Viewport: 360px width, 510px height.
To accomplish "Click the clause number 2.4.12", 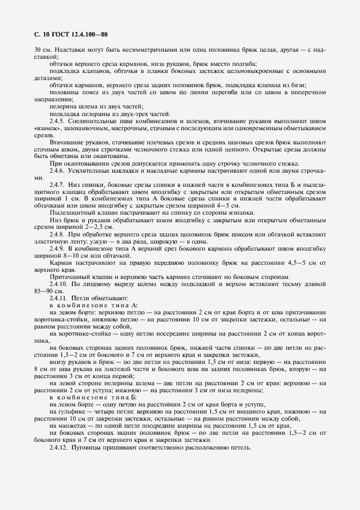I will click(x=59, y=448).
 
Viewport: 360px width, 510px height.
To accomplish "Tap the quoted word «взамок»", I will click(x=46, y=128).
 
